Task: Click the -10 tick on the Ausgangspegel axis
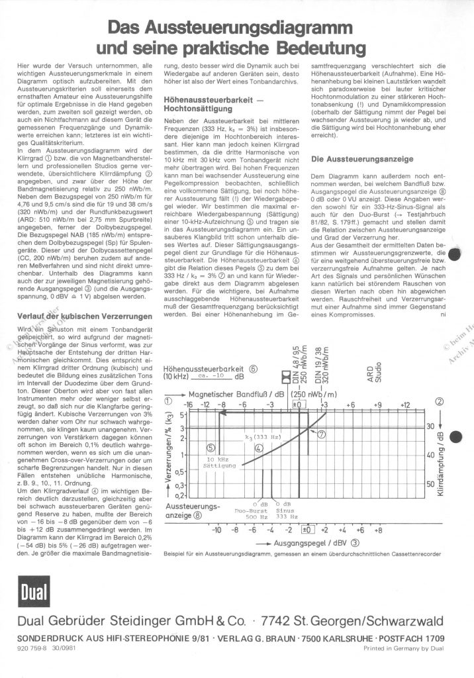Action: click(x=216, y=530)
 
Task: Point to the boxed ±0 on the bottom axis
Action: click(x=307, y=530)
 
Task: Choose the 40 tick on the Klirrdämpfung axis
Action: click(x=430, y=456)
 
